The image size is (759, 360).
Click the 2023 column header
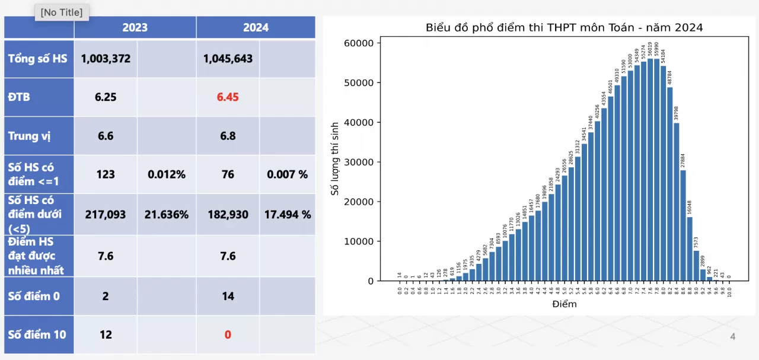[135, 27]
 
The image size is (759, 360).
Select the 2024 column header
[256, 27]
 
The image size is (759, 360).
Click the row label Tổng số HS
[38, 59]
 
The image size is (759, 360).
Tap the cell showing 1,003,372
[106, 59]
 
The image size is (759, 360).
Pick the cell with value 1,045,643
[228, 59]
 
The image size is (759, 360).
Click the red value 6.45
[228, 97]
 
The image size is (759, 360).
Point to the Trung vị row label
[29, 136]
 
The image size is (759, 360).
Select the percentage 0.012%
[167, 174]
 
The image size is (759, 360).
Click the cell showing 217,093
[106, 214]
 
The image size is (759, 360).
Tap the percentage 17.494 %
[288, 214]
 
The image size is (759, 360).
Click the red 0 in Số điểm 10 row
[228, 334]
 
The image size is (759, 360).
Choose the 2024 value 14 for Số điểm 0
[228, 296]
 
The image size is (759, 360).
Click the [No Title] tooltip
[62, 12]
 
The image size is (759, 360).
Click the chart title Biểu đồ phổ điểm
[564, 27]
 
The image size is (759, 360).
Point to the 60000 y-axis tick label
[358, 43]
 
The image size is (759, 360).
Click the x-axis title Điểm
[564, 304]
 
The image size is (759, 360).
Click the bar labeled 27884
[683, 225]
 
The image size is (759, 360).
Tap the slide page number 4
[732, 337]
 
